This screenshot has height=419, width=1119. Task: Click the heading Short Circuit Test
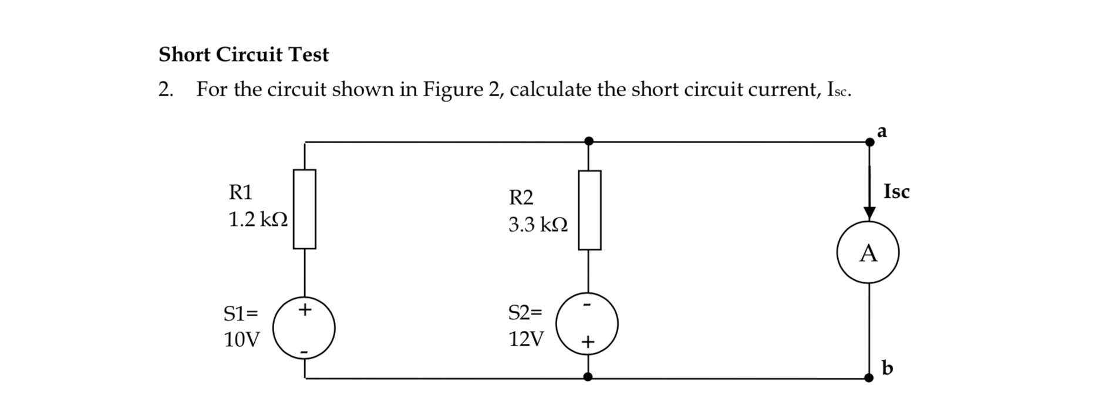click(244, 55)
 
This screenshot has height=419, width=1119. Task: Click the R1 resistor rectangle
click(305, 209)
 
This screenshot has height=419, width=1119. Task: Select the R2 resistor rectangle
click(589, 210)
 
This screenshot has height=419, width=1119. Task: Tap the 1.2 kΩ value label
click(258, 220)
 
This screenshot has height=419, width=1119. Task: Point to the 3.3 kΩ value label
click(538, 225)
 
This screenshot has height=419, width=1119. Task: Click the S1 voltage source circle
click(305, 328)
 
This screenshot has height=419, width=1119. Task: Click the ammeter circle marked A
click(868, 254)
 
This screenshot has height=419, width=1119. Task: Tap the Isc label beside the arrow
click(896, 192)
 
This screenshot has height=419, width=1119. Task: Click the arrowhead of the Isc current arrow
click(869, 214)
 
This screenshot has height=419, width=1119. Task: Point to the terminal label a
click(882, 131)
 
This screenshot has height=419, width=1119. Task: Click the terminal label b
click(887, 368)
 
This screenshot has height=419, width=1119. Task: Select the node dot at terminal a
click(869, 142)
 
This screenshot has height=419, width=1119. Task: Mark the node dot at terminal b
click(869, 379)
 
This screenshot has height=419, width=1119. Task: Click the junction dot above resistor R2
click(589, 141)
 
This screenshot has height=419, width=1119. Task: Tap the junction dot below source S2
click(588, 377)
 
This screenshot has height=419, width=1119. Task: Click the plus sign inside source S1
click(304, 308)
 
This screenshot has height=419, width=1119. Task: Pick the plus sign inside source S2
click(588, 342)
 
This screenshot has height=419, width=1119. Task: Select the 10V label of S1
click(241, 340)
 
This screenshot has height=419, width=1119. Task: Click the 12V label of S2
click(526, 339)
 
